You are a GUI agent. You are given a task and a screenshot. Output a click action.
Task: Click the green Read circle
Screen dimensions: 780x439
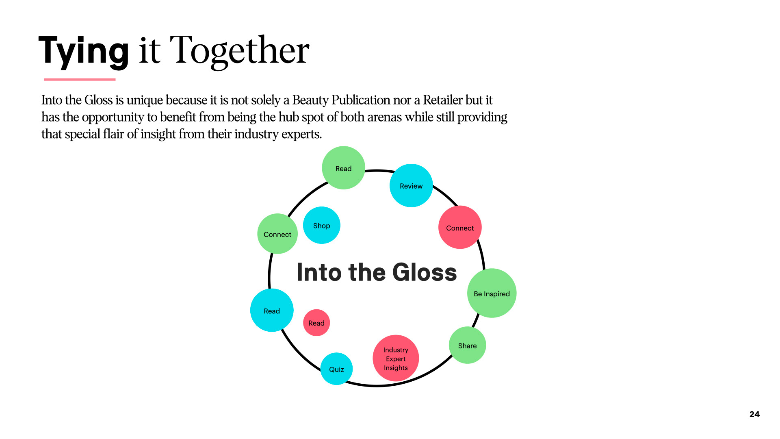coord(343,168)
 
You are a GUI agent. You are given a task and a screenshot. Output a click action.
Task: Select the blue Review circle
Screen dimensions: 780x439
coord(411,186)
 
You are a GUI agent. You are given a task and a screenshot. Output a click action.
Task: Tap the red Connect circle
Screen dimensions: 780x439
coord(460,228)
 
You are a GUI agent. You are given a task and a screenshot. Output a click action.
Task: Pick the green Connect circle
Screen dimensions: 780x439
coord(277,234)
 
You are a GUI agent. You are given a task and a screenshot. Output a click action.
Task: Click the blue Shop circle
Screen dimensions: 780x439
coord(321,225)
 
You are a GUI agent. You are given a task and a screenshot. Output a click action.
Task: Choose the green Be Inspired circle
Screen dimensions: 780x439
coord(492,293)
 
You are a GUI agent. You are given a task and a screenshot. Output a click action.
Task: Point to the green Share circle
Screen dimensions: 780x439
coord(467,345)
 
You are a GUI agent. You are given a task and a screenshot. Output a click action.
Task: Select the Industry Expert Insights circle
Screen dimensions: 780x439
coord(396,358)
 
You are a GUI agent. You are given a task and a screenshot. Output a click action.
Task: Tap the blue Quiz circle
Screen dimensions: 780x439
coord(336,369)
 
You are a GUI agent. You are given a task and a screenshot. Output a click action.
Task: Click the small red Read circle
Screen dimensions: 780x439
coord(316,323)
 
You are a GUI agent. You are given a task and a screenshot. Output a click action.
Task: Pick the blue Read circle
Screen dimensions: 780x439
coord(272,311)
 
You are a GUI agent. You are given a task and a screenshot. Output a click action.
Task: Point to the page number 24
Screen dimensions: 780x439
coord(754,414)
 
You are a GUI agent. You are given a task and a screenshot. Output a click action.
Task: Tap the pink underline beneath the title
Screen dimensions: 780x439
coord(80,79)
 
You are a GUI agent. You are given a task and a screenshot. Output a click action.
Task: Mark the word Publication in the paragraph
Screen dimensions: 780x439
coord(361,100)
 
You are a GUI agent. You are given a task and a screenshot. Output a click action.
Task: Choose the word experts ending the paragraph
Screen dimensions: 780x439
coord(301,134)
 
